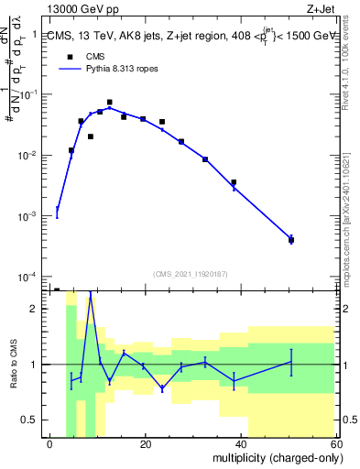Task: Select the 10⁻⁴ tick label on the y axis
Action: click(30, 277)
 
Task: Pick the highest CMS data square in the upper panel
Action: click(110, 103)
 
